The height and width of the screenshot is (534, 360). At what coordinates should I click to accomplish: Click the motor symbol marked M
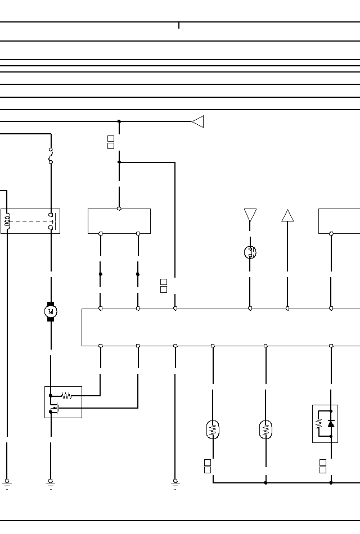(51, 311)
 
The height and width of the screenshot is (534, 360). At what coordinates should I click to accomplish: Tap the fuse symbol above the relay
(51, 156)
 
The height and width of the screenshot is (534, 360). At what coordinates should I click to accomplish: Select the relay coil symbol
(7, 221)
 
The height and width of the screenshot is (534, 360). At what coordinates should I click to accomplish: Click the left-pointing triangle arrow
(197, 121)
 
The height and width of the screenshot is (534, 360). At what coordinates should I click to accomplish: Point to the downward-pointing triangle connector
(250, 215)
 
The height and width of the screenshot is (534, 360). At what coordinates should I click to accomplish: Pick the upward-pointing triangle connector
(288, 216)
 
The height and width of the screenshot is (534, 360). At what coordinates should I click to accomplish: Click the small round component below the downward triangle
(250, 252)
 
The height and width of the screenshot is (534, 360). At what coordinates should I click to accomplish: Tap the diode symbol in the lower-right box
(331, 423)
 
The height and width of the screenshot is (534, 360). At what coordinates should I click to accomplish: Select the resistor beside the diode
(319, 423)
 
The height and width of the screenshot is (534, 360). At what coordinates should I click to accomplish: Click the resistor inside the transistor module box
(66, 396)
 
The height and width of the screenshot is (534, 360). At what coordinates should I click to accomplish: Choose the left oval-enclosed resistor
(213, 430)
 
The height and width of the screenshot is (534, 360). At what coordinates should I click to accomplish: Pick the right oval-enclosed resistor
(265, 430)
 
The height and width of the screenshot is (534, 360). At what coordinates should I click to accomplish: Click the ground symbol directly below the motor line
(51, 483)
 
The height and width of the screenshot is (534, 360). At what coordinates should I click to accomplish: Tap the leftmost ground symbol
(7, 483)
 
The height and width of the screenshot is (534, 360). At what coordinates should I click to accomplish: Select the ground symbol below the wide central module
(175, 483)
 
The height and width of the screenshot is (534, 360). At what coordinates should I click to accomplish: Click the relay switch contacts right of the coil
(52, 221)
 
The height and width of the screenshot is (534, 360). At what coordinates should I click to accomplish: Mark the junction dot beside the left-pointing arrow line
(119, 121)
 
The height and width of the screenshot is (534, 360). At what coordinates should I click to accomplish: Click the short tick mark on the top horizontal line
(179, 25)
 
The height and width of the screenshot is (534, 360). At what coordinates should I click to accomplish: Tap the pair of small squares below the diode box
(323, 466)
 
